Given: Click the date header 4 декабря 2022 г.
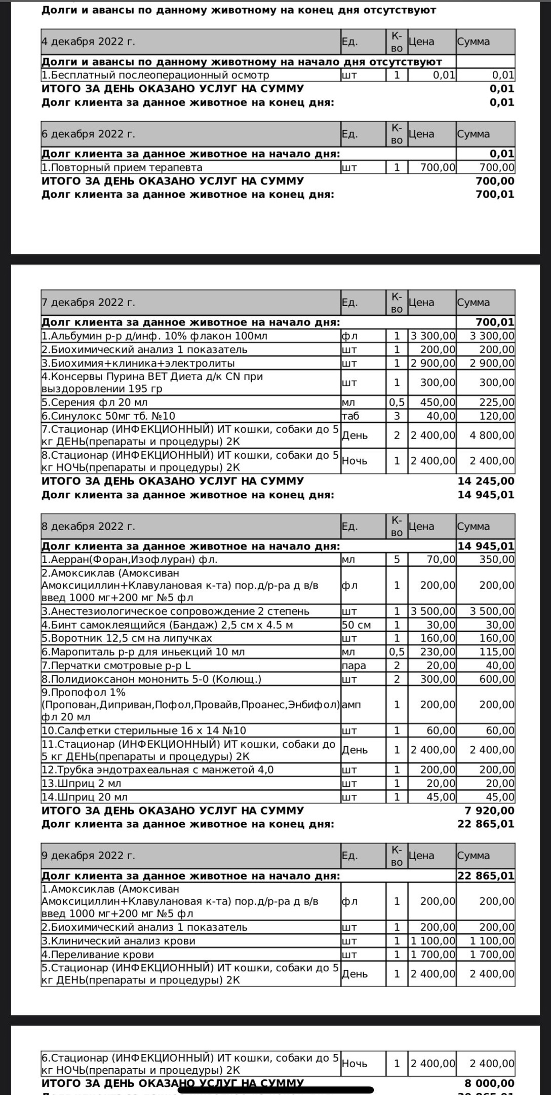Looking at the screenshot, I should tap(89, 42).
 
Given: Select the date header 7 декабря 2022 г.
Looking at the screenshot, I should tap(89, 303).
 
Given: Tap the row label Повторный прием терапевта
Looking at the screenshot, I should tap(122, 167).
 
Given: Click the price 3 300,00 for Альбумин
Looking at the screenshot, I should tap(433, 336).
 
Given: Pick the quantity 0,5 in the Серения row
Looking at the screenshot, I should tap(397, 403).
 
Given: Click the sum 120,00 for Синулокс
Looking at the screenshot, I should tap(496, 416).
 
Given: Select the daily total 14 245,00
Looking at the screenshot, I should tap(486, 481).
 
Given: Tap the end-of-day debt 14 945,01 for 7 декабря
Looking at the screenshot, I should tap(486, 495).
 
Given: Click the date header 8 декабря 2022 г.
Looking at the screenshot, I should tap(89, 526).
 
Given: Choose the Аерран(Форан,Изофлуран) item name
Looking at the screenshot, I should tap(131, 560).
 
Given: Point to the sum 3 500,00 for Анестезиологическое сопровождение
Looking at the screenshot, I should tap(492, 611).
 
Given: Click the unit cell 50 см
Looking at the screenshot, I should tap(357, 625).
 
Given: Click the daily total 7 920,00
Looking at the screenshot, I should tap(490, 811).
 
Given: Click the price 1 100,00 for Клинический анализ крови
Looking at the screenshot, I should tap(433, 941).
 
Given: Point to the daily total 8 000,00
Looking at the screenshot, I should tap(490, 1084).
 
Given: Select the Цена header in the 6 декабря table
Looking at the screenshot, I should tap(421, 134).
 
